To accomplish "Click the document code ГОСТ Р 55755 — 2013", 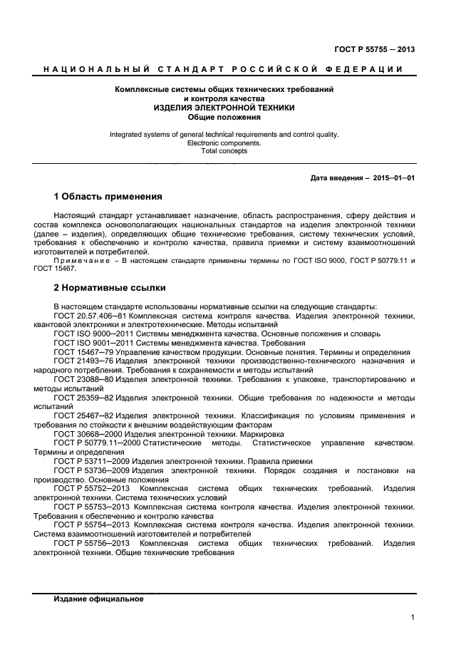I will (374, 49).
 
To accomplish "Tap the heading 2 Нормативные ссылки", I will (109, 288).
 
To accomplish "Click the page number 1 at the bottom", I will (413, 618).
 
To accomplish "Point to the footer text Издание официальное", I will (98, 599).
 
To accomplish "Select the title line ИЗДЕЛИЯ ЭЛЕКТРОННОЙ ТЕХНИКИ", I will (224, 108).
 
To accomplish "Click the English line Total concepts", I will (224, 151).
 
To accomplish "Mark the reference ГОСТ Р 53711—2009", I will (84, 461).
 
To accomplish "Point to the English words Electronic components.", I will (224, 143).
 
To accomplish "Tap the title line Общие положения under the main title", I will (224, 117).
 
